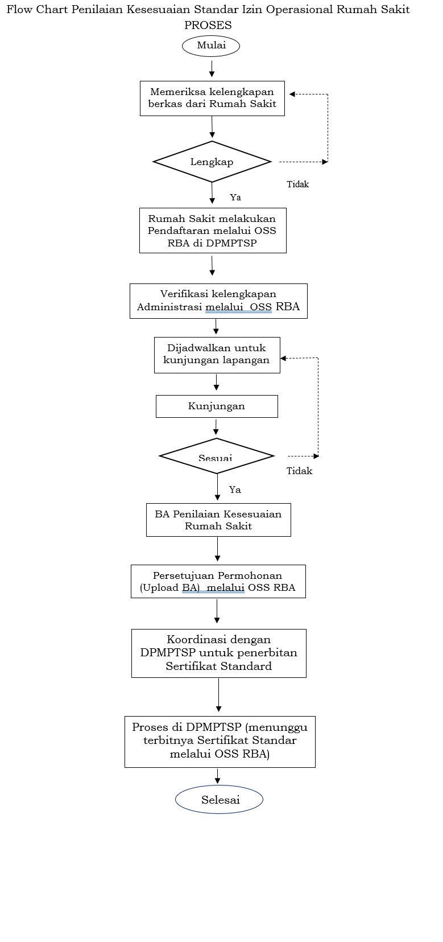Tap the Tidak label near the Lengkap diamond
[297, 184]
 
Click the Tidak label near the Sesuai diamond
[299, 471]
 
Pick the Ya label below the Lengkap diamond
[235, 198]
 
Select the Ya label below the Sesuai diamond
[235, 489]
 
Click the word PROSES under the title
[208, 25]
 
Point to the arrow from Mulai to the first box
[212, 68]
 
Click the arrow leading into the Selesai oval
[217, 776]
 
